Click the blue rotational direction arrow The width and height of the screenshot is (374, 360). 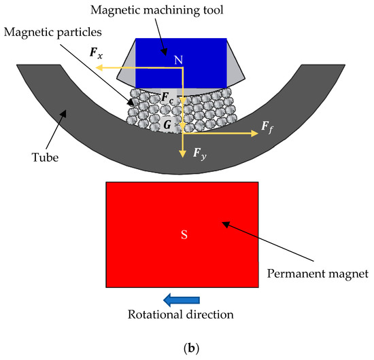click(x=182, y=299)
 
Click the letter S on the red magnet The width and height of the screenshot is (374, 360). click(x=182, y=235)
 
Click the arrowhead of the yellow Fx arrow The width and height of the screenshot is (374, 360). click(x=98, y=68)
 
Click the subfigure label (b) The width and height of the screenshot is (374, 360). click(x=185, y=348)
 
